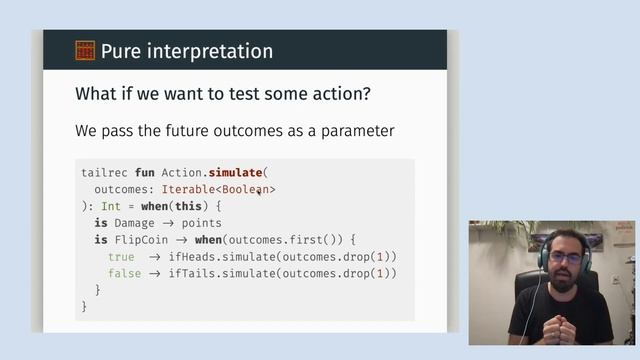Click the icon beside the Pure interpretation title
85,50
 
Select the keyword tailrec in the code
104,172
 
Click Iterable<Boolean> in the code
218,189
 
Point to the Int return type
111,206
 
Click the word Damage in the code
134,223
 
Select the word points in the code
202,223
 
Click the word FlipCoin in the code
141,240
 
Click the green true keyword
121,257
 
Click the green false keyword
124,274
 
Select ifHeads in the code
192,257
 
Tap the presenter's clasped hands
560,328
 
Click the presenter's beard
564,277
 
